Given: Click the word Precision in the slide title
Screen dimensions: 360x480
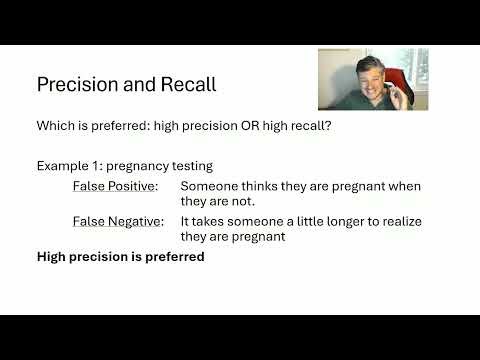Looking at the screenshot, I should click(77, 85).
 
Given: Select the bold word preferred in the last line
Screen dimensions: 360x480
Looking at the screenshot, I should click(173, 257).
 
